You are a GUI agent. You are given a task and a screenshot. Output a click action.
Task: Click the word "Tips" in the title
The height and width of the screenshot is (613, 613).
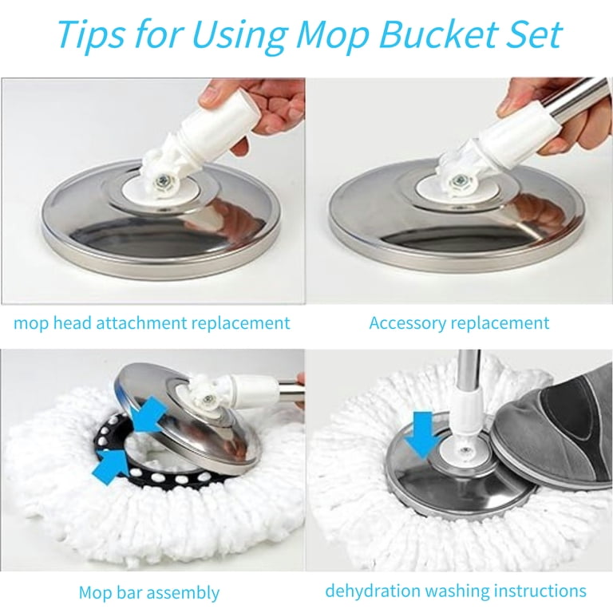point(92,34)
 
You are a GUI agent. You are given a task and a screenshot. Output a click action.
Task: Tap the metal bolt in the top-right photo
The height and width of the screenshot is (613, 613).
point(459,180)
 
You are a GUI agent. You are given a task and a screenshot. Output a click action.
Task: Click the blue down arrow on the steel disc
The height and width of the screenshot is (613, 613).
point(421,435)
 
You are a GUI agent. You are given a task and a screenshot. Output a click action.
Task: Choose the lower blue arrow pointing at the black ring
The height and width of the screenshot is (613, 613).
point(110,467)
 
